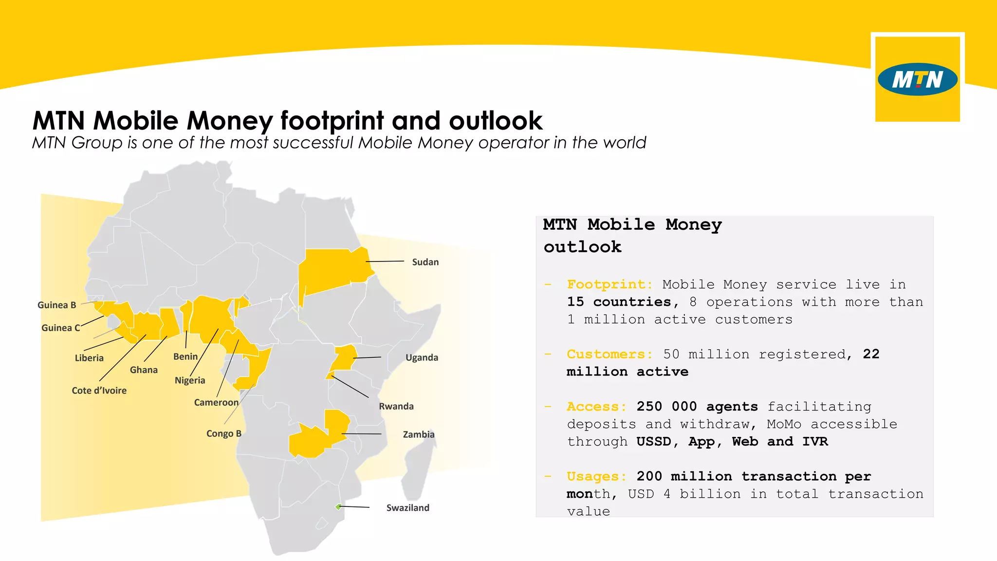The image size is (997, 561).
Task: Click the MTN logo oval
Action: tap(917, 79)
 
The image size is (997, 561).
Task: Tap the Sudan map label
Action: tap(425, 262)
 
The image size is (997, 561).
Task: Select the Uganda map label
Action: tap(422, 357)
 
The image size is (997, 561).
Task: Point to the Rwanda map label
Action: tap(396, 406)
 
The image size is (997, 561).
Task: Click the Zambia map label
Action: tap(419, 434)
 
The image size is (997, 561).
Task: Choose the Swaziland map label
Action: tap(407, 507)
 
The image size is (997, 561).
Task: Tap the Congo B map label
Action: tap(223, 433)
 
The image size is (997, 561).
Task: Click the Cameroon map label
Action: tap(216, 402)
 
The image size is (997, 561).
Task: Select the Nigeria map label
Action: tap(190, 380)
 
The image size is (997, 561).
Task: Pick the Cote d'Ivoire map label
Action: tap(99, 391)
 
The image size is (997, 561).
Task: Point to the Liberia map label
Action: tap(89, 358)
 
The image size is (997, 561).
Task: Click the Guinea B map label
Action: tap(56, 305)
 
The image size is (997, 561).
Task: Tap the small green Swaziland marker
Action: tap(338, 507)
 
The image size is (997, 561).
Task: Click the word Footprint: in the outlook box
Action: tap(609, 284)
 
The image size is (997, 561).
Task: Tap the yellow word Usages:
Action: tap(597, 476)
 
